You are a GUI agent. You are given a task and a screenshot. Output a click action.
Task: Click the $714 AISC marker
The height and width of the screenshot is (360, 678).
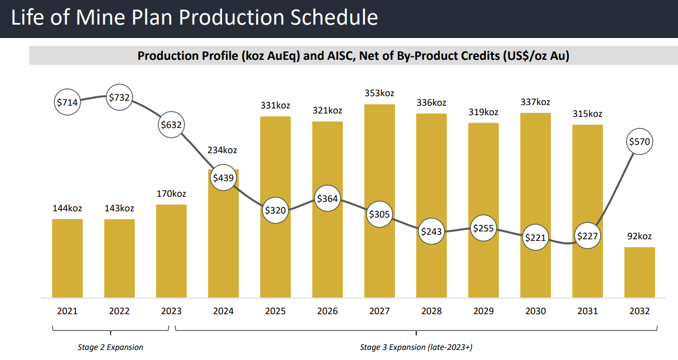tap(67, 102)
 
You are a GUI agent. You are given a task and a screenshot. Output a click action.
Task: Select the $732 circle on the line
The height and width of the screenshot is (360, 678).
tap(119, 97)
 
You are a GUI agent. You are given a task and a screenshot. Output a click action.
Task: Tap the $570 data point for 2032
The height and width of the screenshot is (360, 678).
tap(639, 141)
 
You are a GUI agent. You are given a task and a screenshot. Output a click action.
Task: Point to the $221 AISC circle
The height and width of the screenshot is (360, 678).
tap(535, 238)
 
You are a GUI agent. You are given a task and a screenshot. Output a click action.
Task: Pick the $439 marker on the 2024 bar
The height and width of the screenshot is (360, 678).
tap(223, 177)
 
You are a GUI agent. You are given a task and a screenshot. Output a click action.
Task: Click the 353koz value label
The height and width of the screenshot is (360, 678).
tap(379, 93)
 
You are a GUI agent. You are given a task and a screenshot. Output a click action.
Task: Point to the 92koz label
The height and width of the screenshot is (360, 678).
tap(639, 236)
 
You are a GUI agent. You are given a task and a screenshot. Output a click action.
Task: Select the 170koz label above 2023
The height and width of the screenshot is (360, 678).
tap(171, 194)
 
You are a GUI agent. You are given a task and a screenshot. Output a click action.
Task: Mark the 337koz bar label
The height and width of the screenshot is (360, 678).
tap(535, 102)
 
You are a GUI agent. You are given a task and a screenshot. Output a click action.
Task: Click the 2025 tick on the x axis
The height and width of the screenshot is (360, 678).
tap(275, 311)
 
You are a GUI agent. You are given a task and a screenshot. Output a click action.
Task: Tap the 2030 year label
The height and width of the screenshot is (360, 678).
tap(535, 311)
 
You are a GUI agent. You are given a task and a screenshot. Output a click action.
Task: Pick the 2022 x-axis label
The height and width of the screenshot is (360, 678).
tap(119, 311)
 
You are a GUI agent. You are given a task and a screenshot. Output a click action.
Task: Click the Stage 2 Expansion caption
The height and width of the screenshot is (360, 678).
tap(110, 347)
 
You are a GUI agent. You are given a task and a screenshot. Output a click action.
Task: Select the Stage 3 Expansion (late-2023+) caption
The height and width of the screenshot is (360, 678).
tap(416, 347)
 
